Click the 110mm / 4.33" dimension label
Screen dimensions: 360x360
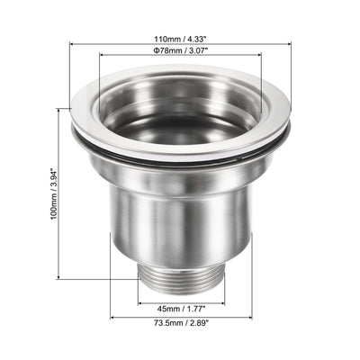coord(181,40)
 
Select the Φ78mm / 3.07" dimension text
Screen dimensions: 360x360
coord(181,50)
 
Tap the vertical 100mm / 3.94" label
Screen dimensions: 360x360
coord(54,194)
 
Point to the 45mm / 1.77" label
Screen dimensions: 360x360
coord(181,309)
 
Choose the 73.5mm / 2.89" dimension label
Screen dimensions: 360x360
coord(181,323)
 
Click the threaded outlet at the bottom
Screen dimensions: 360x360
coord(181,278)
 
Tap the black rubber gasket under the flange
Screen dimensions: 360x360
coord(181,156)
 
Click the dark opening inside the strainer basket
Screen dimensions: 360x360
coord(181,130)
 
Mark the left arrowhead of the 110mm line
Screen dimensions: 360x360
coord(72,44)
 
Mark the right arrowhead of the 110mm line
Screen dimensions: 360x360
coord(289,44)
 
